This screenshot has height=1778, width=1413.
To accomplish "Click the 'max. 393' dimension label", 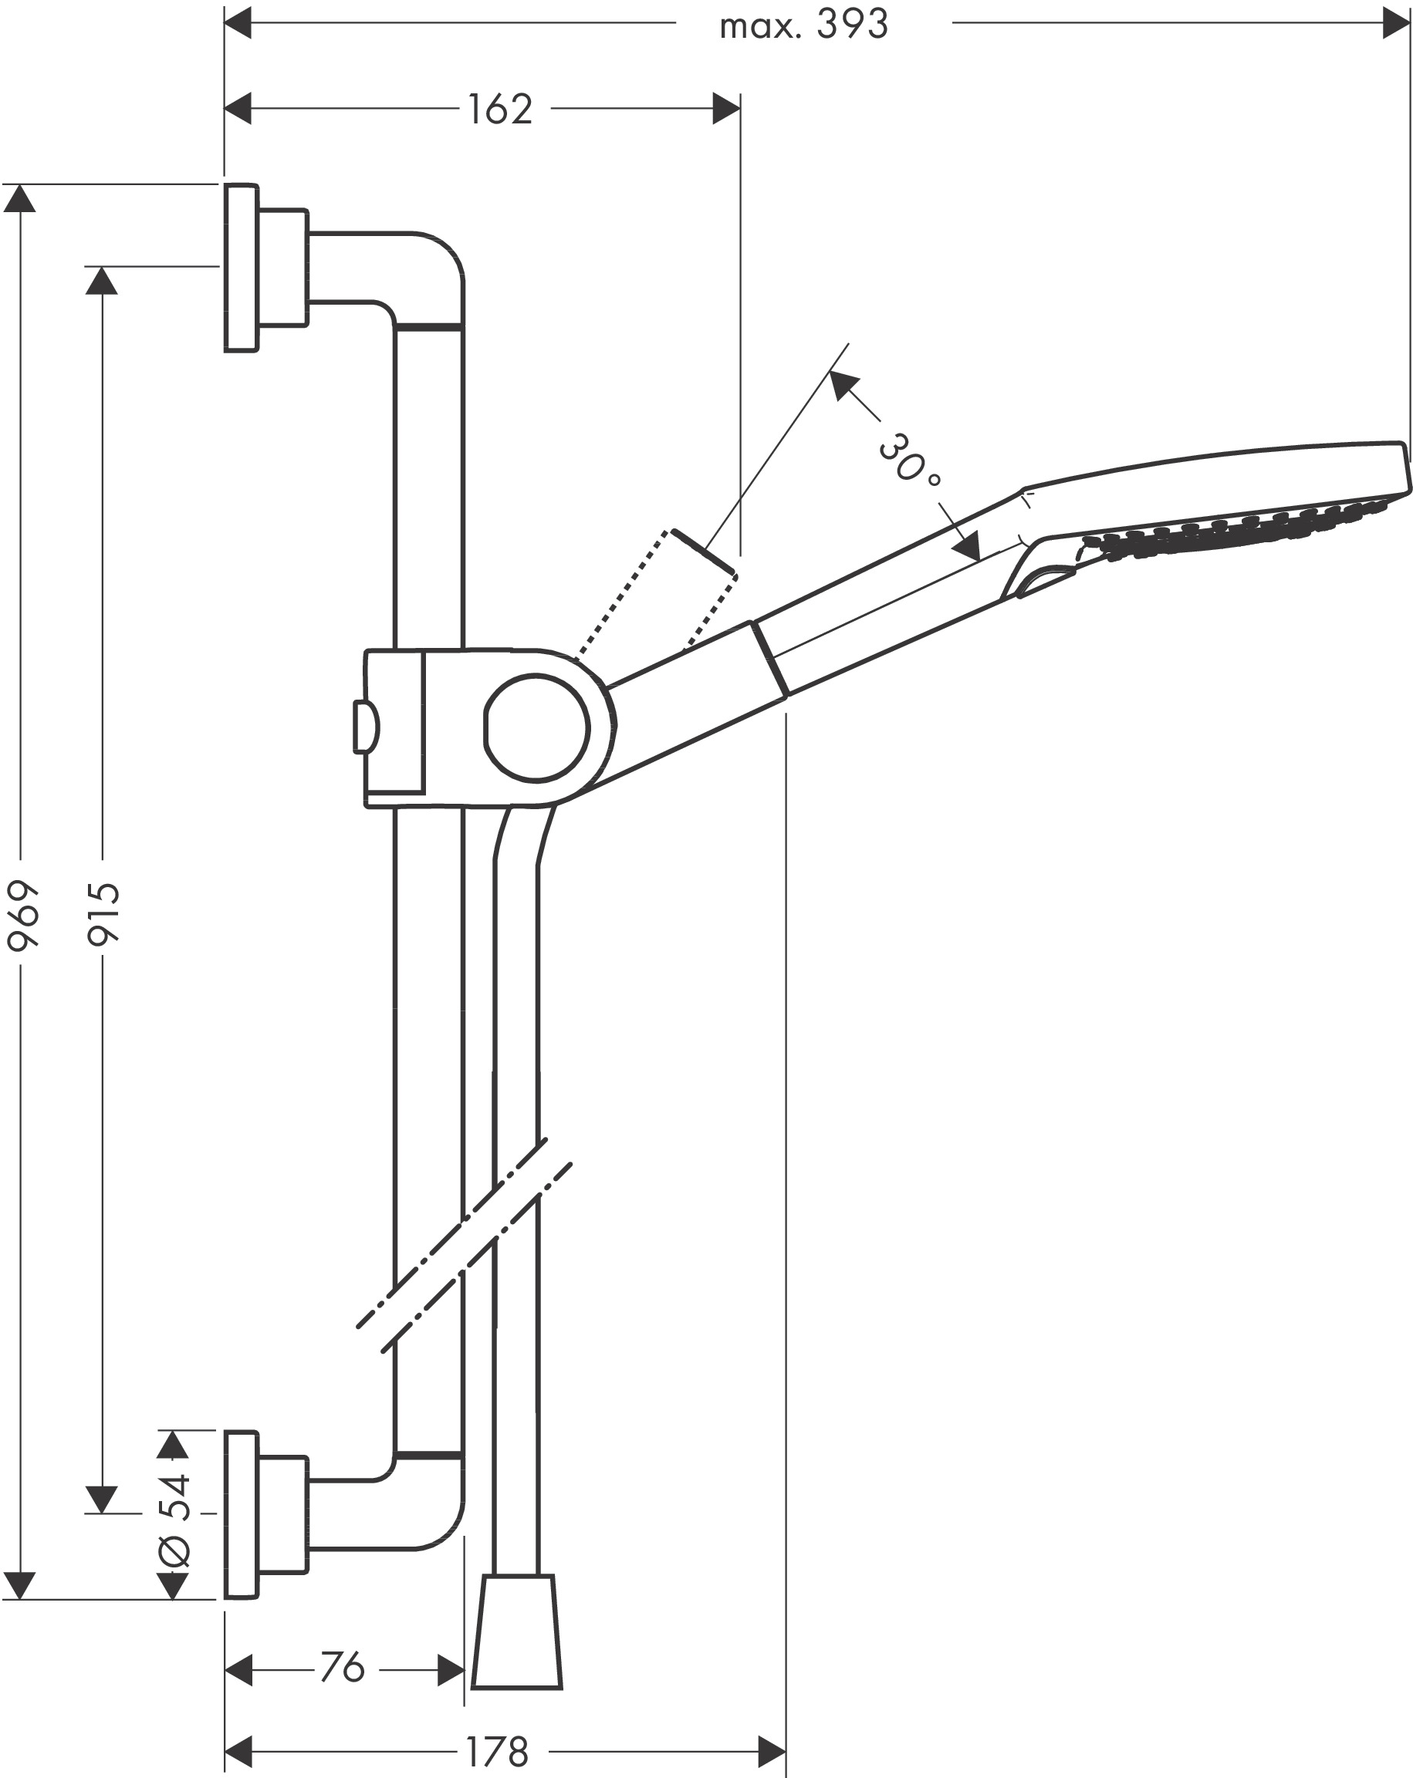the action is point(803,25).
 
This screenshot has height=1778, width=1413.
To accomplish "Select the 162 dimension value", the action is point(500,109).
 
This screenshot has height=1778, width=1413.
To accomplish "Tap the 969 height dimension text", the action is point(22,916).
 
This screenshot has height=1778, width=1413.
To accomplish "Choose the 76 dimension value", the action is point(342,1665).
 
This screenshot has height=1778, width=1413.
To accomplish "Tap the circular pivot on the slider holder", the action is point(536,728).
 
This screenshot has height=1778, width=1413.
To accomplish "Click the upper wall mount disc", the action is point(241,268).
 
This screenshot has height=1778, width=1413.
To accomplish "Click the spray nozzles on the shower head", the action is point(1237,528).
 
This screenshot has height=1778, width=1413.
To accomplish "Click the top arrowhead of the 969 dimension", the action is point(20,199).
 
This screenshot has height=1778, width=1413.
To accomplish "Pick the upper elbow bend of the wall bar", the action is point(429,276).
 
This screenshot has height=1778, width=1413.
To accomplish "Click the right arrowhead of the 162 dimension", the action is point(726,109).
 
